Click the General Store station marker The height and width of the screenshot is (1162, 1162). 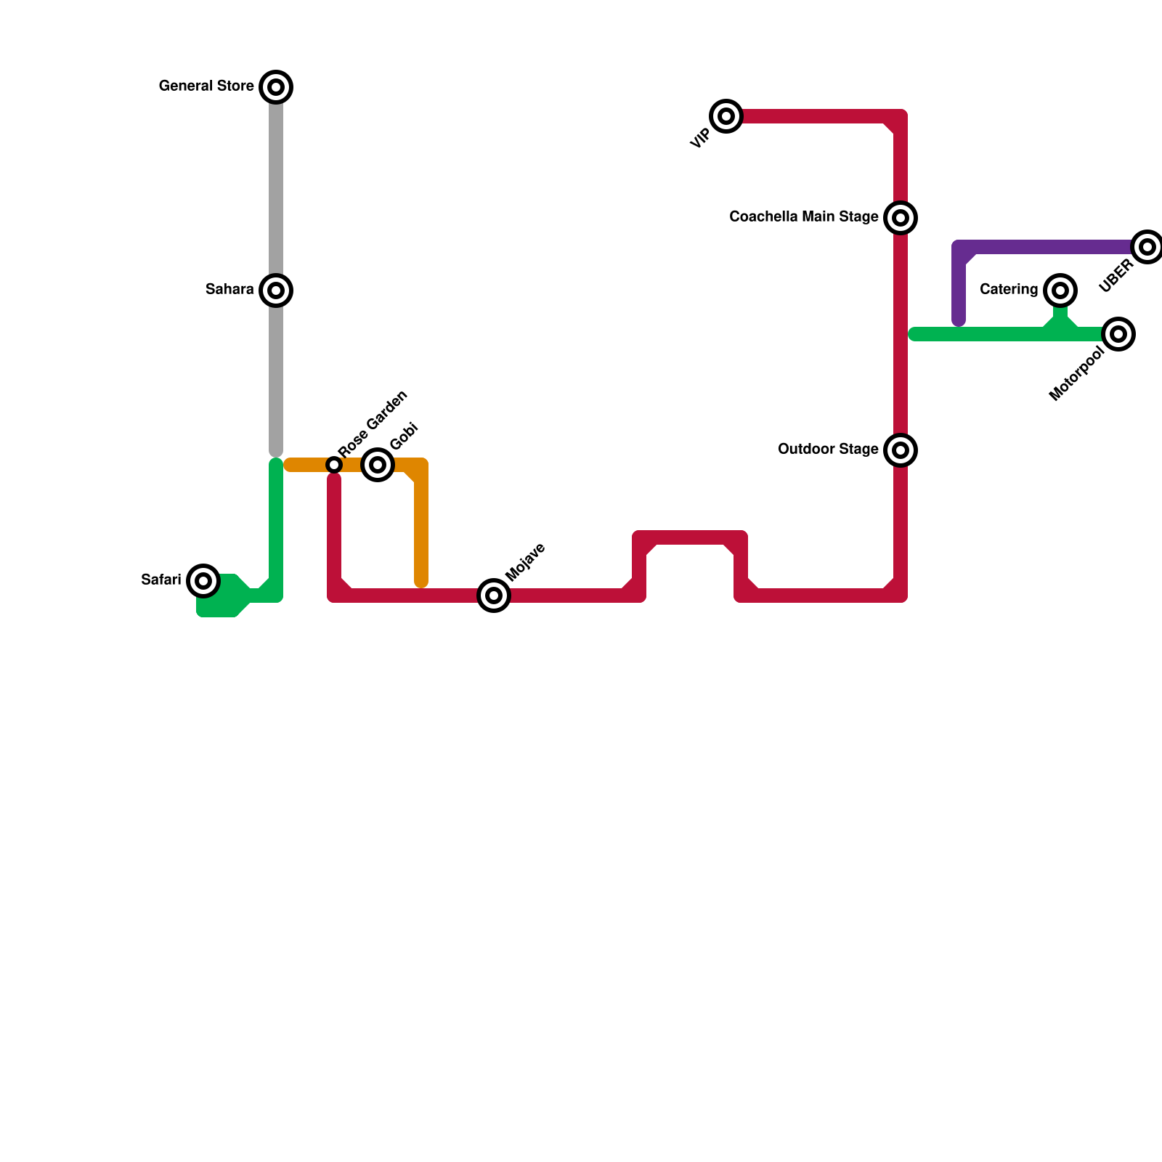[x=276, y=87]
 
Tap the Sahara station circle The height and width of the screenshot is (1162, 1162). [x=276, y=290]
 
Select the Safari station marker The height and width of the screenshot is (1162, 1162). [x=203, y=581]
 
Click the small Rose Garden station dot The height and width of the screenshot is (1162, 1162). [x=334, y=465]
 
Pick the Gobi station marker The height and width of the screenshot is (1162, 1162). [x=378, y=465]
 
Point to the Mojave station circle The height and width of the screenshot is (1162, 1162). [x=494, y=596]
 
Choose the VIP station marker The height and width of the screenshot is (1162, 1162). [x=726, y=116]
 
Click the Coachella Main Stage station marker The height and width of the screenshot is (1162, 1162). [x=901, y=218]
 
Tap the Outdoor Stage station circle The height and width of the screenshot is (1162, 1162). [x=901, y=450]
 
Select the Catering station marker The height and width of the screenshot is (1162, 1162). [x=1060, y=290]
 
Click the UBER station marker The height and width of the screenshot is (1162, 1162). [x=1147, y=247]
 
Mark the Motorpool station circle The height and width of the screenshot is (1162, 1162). [x=1118, y=334]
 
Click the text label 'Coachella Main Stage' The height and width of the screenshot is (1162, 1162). [x=803, y=217]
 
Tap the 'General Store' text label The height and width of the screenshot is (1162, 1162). [x=206, y=86]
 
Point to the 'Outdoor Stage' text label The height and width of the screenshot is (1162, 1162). [x=828, y=450]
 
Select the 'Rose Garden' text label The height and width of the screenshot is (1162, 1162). [x=373, y=424]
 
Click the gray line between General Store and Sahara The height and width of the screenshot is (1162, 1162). [x=276, y=189]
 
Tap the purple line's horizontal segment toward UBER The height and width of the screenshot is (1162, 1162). [x=1053, y=247]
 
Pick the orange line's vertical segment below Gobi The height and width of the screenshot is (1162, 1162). [x=421, y=530]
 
